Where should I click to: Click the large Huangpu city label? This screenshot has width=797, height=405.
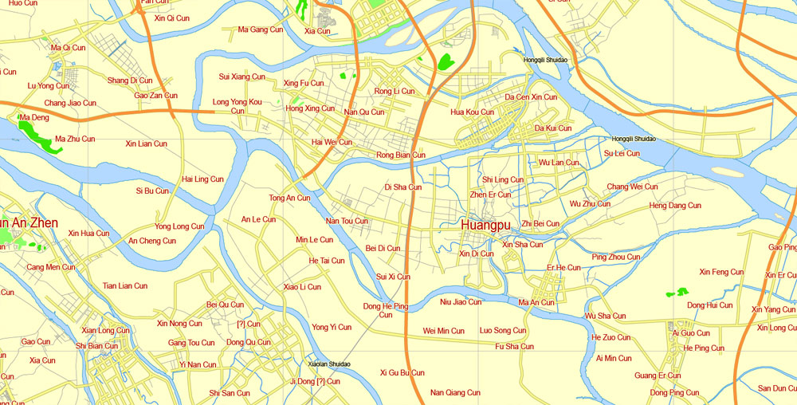(x=485, y=226)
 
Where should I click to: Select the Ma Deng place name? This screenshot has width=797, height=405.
(x=33, y=118)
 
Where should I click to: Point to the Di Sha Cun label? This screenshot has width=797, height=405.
(x=403, y=187)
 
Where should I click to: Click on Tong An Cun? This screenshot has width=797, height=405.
(x=289, y=198)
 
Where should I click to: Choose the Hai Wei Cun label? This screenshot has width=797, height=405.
(x=332, y=142)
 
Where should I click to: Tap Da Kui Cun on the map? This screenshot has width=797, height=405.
(x=553, y=128)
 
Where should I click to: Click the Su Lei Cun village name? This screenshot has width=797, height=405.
(x=622, y=153)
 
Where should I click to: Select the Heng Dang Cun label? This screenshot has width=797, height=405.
(x=675, y=206)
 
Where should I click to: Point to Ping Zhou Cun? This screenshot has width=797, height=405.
(x=616, y=257)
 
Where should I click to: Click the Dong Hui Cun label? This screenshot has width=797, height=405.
(x=709, y=305)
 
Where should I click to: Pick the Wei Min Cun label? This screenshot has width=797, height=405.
(x=443, y=331)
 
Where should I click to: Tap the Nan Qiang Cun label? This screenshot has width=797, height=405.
(x=455, y=392)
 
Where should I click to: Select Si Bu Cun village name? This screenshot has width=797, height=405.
(x=152, y=191)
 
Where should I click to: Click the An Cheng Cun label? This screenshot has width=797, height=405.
(x=152, y=241)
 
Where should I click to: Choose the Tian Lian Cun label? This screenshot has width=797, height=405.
(x=125, y=285)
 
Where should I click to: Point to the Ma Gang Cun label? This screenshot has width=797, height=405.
(x=261, y=29)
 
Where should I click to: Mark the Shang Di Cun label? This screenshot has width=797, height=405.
(x=130, y=81)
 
